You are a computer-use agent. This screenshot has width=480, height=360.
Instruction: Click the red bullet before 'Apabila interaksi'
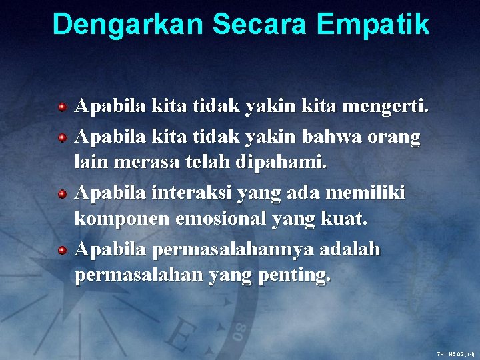(x=61, y=194)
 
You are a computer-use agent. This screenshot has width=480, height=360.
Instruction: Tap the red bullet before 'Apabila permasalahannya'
(x=61, y=250)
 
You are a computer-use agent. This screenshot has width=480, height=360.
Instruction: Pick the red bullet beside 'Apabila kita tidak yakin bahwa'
(x=61, y=138)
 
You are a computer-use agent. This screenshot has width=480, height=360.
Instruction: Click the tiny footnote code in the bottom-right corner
(x=455, y=353)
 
